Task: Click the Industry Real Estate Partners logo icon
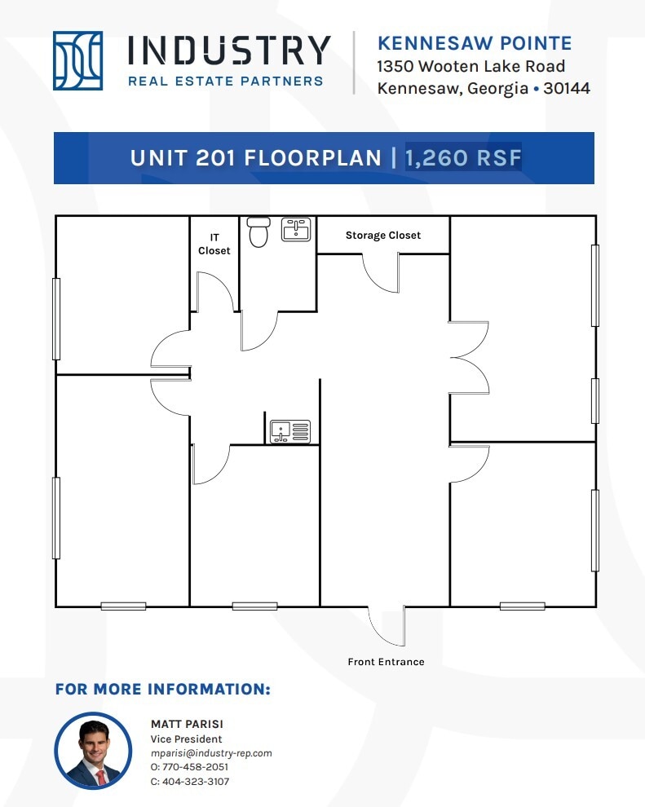tap(77, 60)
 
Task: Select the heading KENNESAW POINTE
tap(474, 43)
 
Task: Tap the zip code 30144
tap(566, 88)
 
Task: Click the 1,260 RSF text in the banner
tap(462, 157)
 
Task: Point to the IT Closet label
tap(214, 245)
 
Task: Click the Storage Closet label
tap(382, 236)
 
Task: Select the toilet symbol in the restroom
tap(258, 232)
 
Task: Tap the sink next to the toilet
tap(295, 229)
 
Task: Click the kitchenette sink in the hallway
tap(290, 431)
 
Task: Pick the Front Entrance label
tap(386, 661)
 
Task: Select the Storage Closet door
tap(381, 271)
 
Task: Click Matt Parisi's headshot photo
tap(93, 751)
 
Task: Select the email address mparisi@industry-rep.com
tap(211, 753)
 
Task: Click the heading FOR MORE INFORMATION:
tap(162, 689)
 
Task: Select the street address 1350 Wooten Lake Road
tap(470, 66)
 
